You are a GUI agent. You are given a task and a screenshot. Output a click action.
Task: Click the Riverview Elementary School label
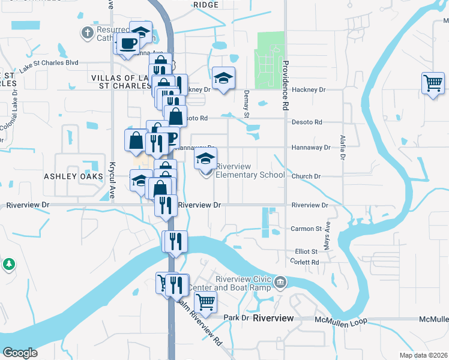tap(250, 170)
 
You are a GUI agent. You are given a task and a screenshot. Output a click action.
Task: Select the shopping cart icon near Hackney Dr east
tap(433, 83)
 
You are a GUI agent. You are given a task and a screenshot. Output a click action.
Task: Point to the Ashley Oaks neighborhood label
tap(70, 176)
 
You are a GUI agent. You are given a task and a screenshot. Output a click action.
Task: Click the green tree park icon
tap(9, 264)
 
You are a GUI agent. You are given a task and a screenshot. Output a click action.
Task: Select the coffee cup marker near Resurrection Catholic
tap(128, 44)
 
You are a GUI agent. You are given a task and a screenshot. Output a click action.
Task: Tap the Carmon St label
tap(306, 229)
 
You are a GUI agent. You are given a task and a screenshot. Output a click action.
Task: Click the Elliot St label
tap(306, 252)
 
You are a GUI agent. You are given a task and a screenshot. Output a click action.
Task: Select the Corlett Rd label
tap(306, 262)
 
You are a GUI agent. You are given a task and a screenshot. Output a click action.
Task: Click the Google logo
tap(20, 353)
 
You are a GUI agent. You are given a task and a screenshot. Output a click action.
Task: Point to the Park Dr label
tap(236, 317)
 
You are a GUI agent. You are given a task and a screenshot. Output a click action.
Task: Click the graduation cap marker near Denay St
tap(223, 79)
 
